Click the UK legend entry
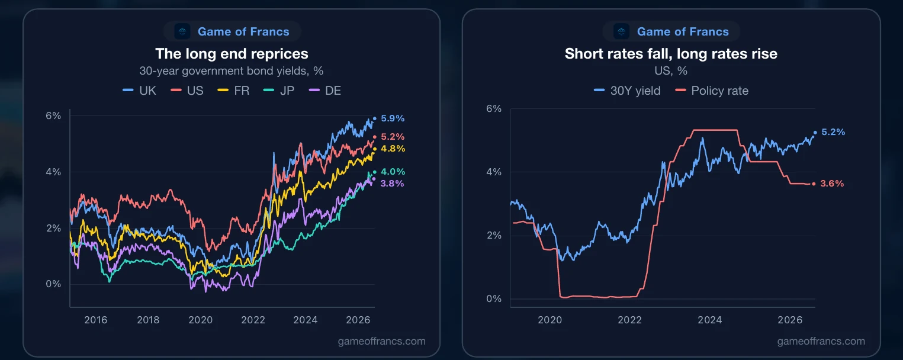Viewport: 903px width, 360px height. pyautogui.click(x=140, y=91)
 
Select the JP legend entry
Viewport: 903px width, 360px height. pyautogui.click(x=278, y=91)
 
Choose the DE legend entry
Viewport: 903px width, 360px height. pyautogui.click(x=325, y=91)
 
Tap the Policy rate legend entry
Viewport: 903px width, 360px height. pyautogui.click(x=712, y=91)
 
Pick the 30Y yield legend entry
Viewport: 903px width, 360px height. pyautogui.click(x=627, y=91)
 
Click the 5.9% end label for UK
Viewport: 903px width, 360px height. pyautogui.click(x=393, y=118)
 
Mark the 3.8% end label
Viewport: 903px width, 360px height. pyautogui.click(x=392, y=184)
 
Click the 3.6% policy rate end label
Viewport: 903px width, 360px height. pyautogui.click(x=832, y=184)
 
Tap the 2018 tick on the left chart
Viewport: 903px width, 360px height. pyautogui.click(x=148, y=320)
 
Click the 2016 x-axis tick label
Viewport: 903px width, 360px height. pyautogui.click(x=95, y=320)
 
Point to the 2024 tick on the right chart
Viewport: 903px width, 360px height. pyautogui.click(x=710, y=320)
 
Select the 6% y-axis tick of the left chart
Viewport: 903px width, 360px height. pyautogui.click(x=53, y=116)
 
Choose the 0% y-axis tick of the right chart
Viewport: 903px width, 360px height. pyautogui.click(x=494, y=299)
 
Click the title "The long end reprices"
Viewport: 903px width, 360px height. pyautogui.click(x=232, y=54)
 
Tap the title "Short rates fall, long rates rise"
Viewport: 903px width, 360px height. pyautogui.click(x=671, y=54)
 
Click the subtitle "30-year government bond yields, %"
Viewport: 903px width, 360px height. pyautogui.click(x=232, y=71)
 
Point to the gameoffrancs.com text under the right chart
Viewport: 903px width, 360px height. pyautogui.click(x=821, y=341)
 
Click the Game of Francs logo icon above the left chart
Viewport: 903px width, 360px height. pyautogui.click(x=182, y=31)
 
